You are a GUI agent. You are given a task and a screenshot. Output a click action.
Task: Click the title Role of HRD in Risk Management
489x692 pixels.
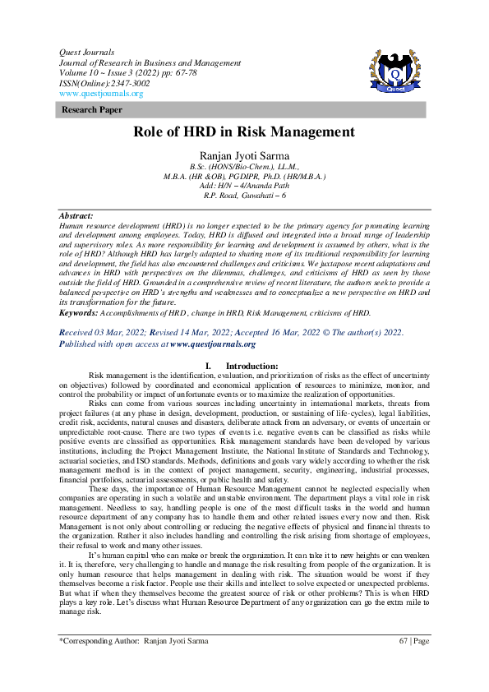point(244,131)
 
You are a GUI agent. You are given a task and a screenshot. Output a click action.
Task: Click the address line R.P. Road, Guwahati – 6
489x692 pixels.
point(244,196)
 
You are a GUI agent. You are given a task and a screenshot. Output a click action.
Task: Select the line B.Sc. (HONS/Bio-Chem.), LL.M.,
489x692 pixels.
point(244,167)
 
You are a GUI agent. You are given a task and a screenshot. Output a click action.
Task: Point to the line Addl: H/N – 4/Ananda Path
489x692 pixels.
point(244,187)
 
